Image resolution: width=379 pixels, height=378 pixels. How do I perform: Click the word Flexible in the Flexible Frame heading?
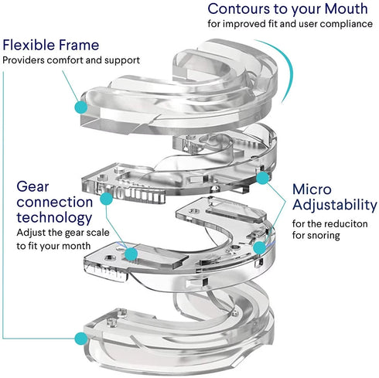pos(32,45)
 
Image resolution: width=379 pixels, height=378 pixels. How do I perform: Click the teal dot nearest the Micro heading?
pos(264,177)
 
